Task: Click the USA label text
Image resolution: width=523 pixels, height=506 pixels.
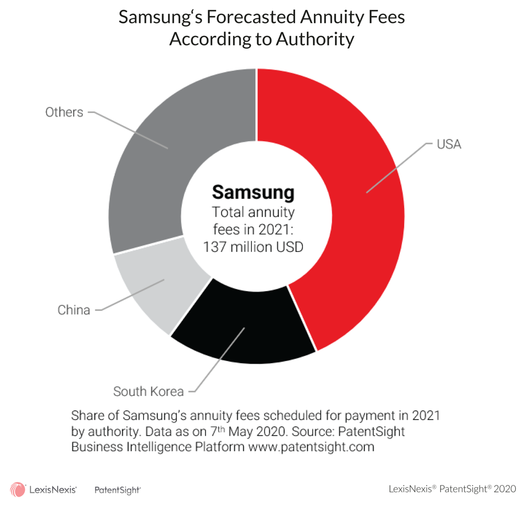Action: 449,144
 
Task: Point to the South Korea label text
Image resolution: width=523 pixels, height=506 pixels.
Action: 148,392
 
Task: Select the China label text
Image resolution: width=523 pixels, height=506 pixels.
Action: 74,310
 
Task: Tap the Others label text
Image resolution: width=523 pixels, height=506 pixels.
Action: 64,112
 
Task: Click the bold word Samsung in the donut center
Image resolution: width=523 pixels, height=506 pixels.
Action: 253,192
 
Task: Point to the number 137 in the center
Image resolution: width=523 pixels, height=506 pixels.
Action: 215,246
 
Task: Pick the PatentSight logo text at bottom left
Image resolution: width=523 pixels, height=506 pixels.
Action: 118,489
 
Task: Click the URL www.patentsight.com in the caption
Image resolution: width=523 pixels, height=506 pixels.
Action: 311,446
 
